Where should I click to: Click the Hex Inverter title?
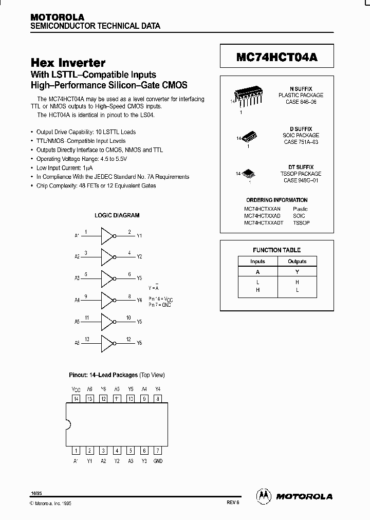[x=68, y=63]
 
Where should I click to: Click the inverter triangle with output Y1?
[x=107, y=236]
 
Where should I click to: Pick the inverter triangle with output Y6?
[x=107, y=343]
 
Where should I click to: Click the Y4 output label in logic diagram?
[x=139, y=300]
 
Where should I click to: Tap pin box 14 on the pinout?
[x=76, y=398]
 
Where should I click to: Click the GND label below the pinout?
[x=158, y=461]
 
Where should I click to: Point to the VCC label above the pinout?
[x=76, y=389]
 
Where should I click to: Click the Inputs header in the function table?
[x=257, y=262]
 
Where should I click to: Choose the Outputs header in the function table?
[x=297, y=262]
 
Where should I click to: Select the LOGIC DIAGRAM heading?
[x=117, y=215]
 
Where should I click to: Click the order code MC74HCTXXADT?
[x=264, y=223]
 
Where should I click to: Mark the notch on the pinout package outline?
[x=68, y=424]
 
